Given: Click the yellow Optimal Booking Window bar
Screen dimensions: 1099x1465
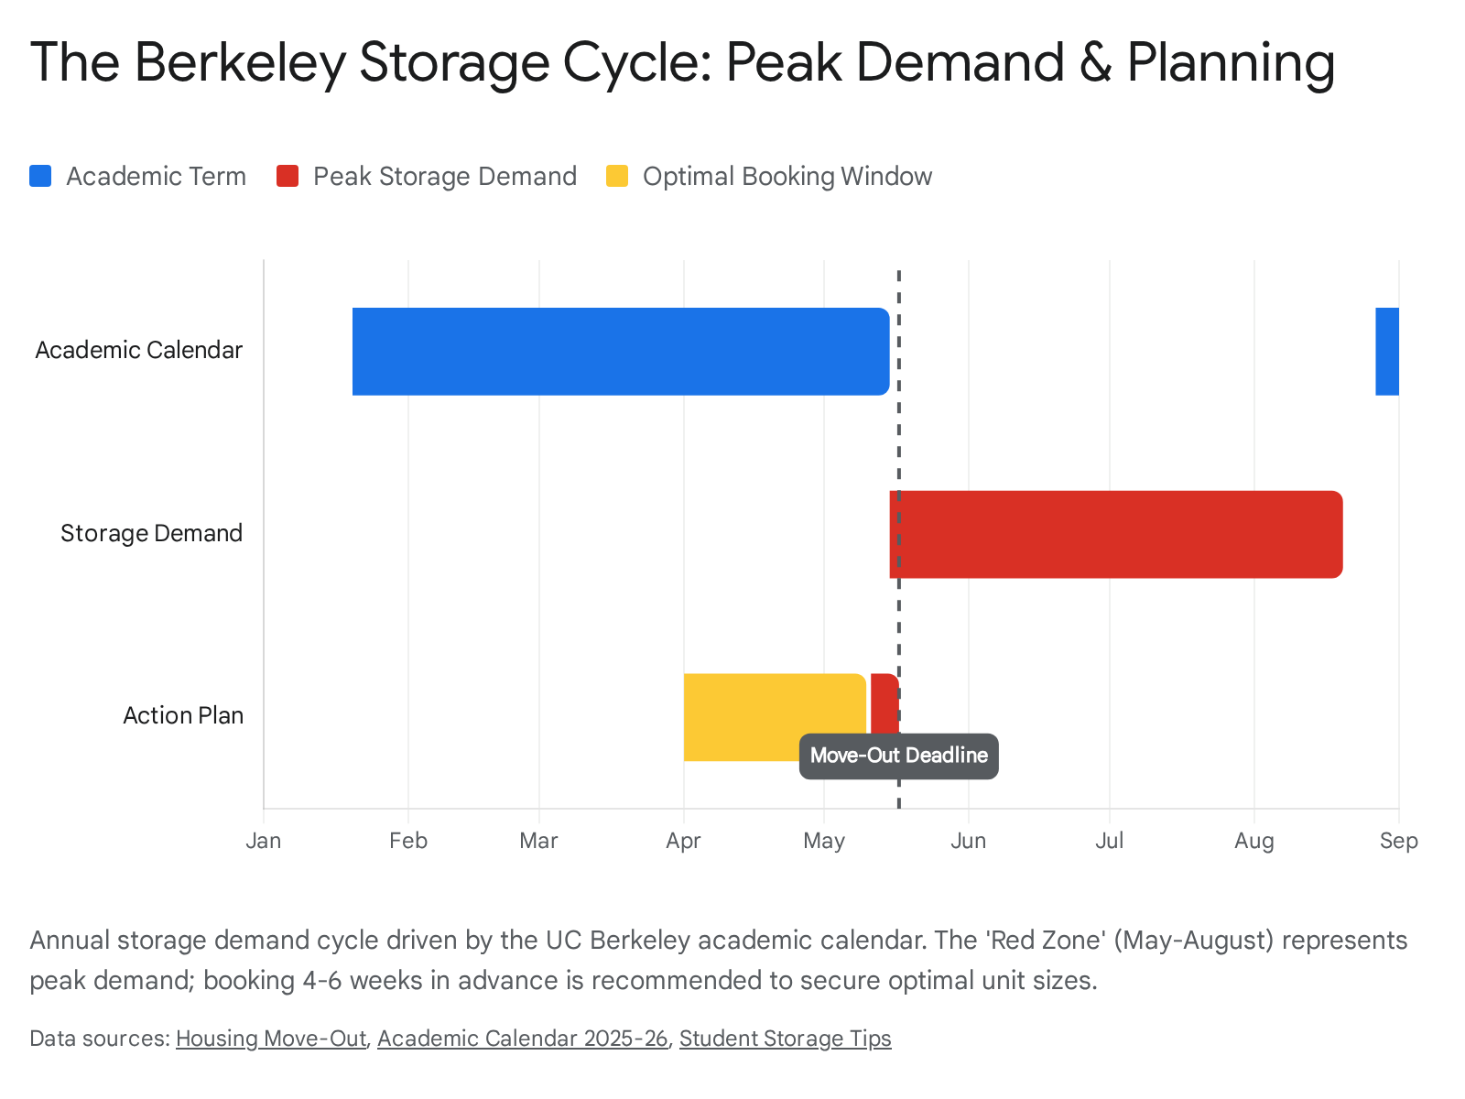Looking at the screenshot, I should [x=774, y=705].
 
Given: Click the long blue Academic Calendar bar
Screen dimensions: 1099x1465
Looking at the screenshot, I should [x=620, y=351].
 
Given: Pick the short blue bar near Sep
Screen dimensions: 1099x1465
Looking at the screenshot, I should [x=1386, y=351].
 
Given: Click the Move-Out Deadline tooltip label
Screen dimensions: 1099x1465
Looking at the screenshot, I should [x=898, y=756].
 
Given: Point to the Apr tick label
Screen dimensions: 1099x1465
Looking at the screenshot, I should [x=683, y=841].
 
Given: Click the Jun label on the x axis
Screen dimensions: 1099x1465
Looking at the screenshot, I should [x=968, y=841].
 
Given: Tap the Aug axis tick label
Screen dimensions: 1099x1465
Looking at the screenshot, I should [x=1253, y=841].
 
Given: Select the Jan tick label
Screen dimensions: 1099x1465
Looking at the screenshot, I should [x=264, y=841].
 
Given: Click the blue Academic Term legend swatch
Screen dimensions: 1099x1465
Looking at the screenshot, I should [x=40, y=176].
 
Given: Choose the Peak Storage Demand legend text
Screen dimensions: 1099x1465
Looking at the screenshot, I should [x=444, y=176].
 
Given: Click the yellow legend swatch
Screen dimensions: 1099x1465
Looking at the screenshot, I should [x=617, y=176].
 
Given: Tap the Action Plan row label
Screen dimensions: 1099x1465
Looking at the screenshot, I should [x=183, y=715].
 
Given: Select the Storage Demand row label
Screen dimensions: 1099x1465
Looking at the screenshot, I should [x=151, y=533].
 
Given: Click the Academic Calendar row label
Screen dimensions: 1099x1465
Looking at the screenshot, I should [x=138, y=350].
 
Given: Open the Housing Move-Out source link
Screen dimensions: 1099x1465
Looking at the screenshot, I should [x=270, y=1039].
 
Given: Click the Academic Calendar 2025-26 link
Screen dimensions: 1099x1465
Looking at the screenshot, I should [x=522, y=1039].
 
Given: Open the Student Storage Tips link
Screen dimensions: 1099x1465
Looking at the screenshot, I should [x=785, y=1039].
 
